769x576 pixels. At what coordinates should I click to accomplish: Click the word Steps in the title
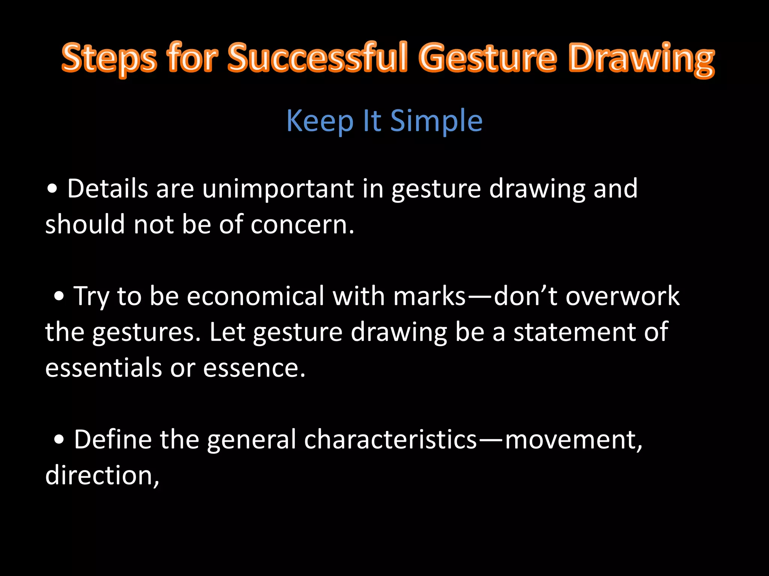[109, 58]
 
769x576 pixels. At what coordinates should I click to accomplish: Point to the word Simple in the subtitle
[436, 121]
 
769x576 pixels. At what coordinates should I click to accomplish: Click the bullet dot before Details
[53, 189]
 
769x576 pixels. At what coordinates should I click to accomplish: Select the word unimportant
[278, 189]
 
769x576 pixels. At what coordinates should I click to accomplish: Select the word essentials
[104, 368]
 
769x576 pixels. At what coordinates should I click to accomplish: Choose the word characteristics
[390, 439]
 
